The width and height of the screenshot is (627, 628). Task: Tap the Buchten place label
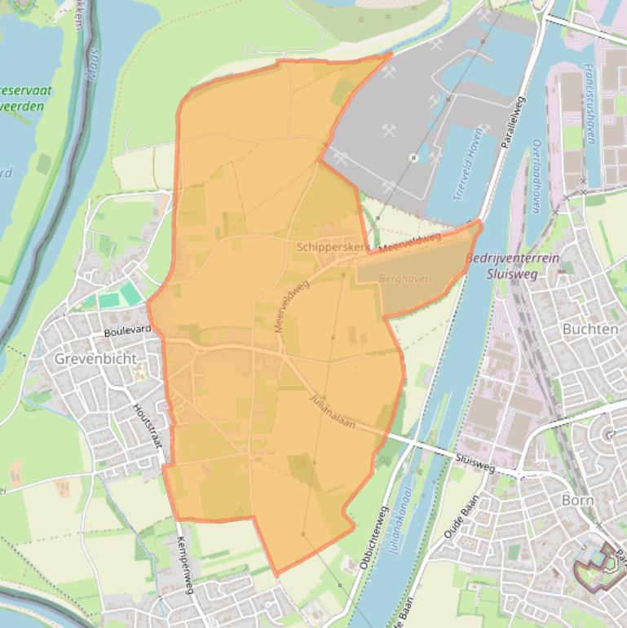589,329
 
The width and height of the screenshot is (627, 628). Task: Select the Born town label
576,499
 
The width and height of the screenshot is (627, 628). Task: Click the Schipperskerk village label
333,246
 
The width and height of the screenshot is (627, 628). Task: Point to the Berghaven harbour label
405,278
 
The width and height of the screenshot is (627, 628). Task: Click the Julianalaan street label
333,414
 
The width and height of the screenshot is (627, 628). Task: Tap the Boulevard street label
127,331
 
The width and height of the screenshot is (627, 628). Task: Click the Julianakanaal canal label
400,522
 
